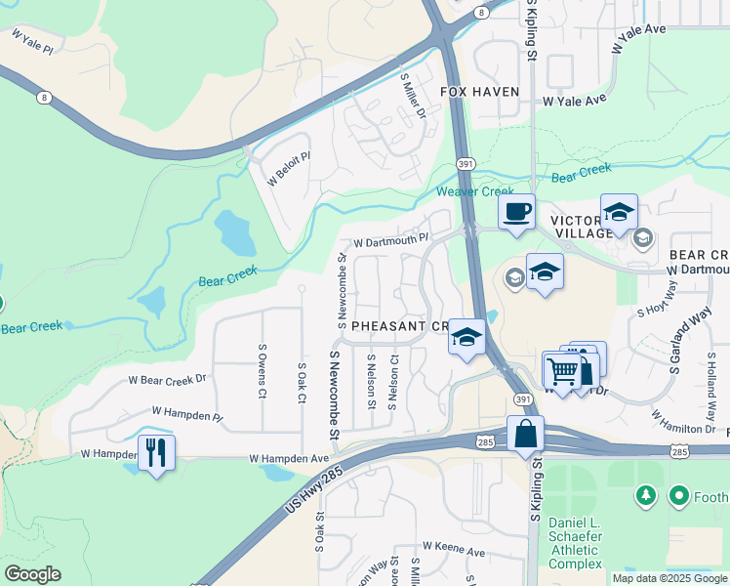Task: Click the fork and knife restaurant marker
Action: click(x=156, y=452)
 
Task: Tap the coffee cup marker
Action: click(x=516, y=211)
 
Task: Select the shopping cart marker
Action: click(x=562, y=372)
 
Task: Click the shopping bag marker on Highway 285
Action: click(x=525, y=433)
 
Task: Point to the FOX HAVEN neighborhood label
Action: click(x=479, y=92)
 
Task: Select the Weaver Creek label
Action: click(x=474, y=191)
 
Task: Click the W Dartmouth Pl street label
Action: click(x=390, y=239)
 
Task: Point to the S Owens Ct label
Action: click(x=263, y=372)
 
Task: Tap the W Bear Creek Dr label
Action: click(x=168, y=379)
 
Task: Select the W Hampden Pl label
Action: click(x=187, y=416)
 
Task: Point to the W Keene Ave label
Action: click(x=453, y=552)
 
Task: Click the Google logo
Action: click(x=32, y=574)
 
